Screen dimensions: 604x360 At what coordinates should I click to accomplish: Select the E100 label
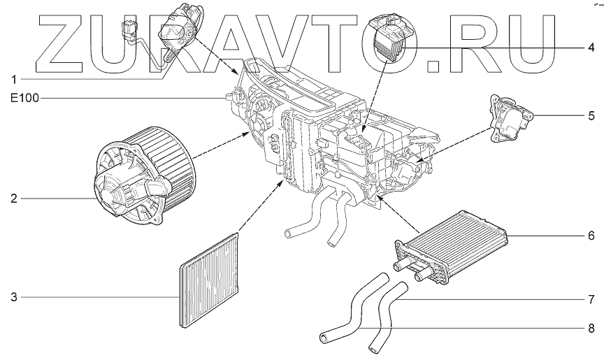click(x=22, y=99)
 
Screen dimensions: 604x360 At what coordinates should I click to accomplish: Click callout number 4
click(x=591, y=48)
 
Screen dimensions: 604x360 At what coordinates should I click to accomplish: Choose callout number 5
click(x=591, y=114)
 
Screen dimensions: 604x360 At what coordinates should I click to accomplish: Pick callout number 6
click(x=591, y=236)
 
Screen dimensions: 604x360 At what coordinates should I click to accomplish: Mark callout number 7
click(x=591, y=299)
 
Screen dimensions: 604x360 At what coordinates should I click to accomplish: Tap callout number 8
click(x=591, y=328)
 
